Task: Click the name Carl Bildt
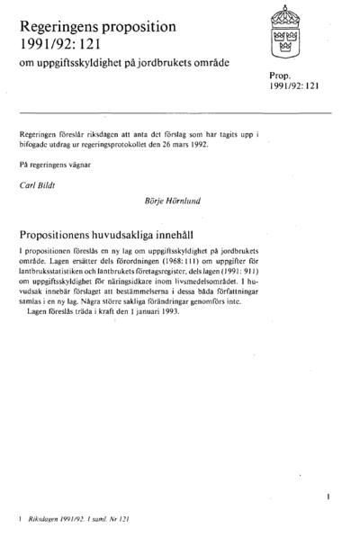pos(37,185)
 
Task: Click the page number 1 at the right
pos(329,495)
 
